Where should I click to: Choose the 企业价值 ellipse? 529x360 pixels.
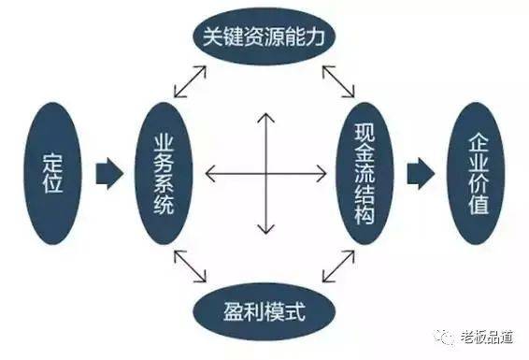click(476, 173)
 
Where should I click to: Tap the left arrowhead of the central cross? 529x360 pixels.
click(207, 173)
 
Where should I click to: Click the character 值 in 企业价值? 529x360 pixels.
click(476, 204)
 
